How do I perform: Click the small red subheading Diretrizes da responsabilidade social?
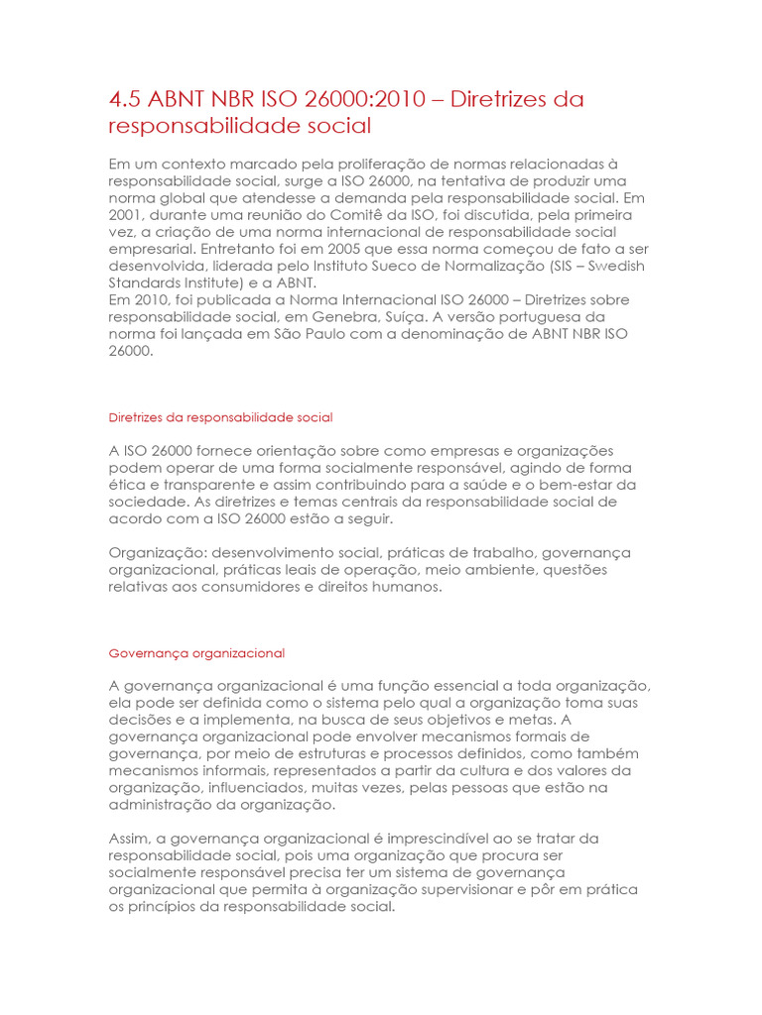click(x=220, y=417)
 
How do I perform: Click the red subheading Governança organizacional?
click(x=196, y=653)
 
